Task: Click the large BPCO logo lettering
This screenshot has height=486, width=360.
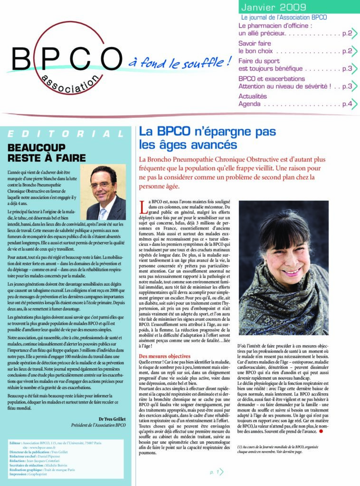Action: (67, 59)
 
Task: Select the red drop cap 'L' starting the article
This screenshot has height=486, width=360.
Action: (143, 205)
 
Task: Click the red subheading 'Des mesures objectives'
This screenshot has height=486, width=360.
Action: (164, 356)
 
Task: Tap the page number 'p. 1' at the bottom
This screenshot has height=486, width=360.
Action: (216, 472)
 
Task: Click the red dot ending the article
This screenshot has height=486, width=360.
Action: (321, 431)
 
